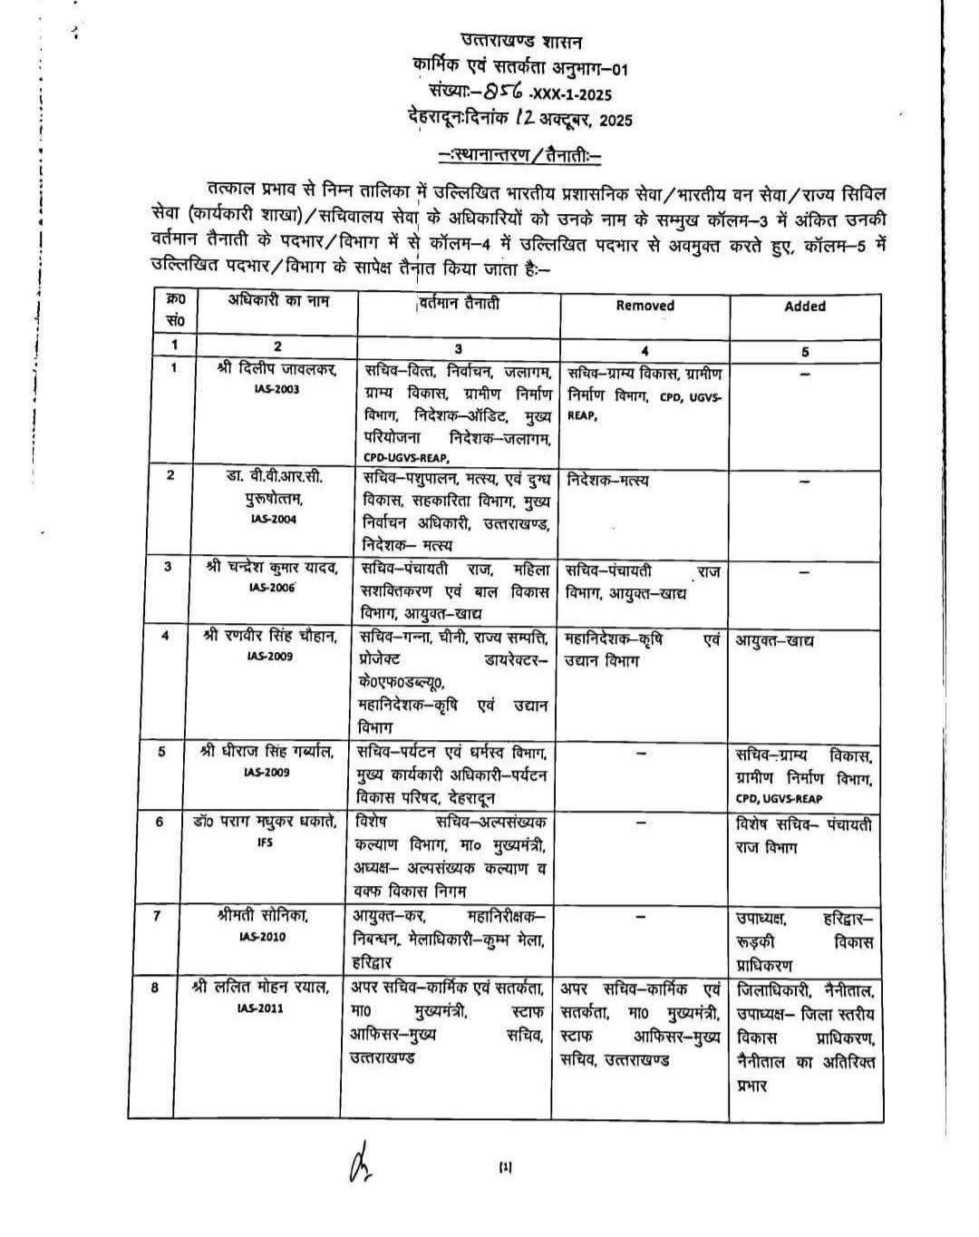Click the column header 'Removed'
[x=645, y=306]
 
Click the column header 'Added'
[x=805, y=307]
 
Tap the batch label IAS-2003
[x=277, y=389]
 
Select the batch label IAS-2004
[x=275, y=519]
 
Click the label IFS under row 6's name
[x=265, y=843]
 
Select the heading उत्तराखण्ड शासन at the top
[x=522, y=41]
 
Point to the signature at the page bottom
[x=357, y=1162]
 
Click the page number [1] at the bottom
[x=505, y=1167]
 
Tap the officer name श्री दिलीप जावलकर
[x=277, y=370]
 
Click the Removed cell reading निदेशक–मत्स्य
[x=608, y=480]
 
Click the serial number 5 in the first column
[x=161, y=751]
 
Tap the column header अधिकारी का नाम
[x=278, y=301]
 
